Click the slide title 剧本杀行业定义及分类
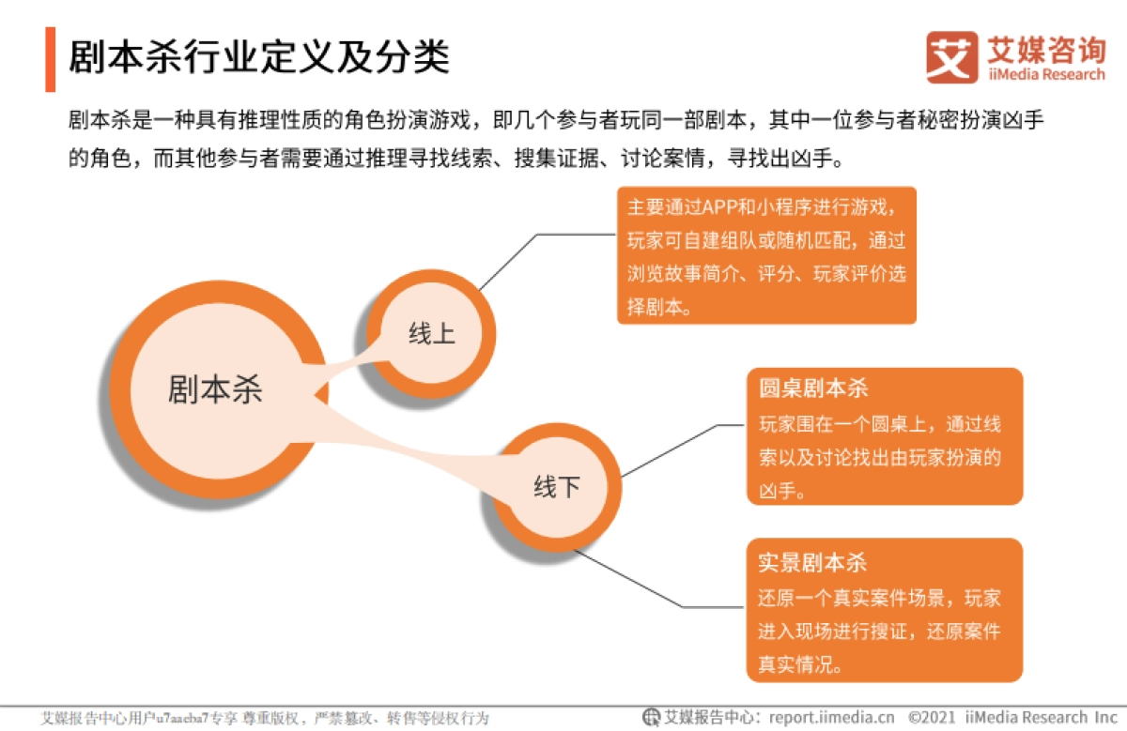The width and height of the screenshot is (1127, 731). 259,57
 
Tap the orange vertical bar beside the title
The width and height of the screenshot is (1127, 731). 50,59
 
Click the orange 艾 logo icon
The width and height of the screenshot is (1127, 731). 951,57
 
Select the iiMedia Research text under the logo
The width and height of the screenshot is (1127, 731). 1046,74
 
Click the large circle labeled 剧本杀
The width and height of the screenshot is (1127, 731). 215,389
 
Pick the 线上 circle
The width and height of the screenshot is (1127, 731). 431,334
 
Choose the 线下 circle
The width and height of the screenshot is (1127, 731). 557,487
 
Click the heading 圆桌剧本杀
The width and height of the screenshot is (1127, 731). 813,389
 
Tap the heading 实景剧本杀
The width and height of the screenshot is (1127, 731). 813,562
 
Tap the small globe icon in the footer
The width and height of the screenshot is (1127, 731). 651,717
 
